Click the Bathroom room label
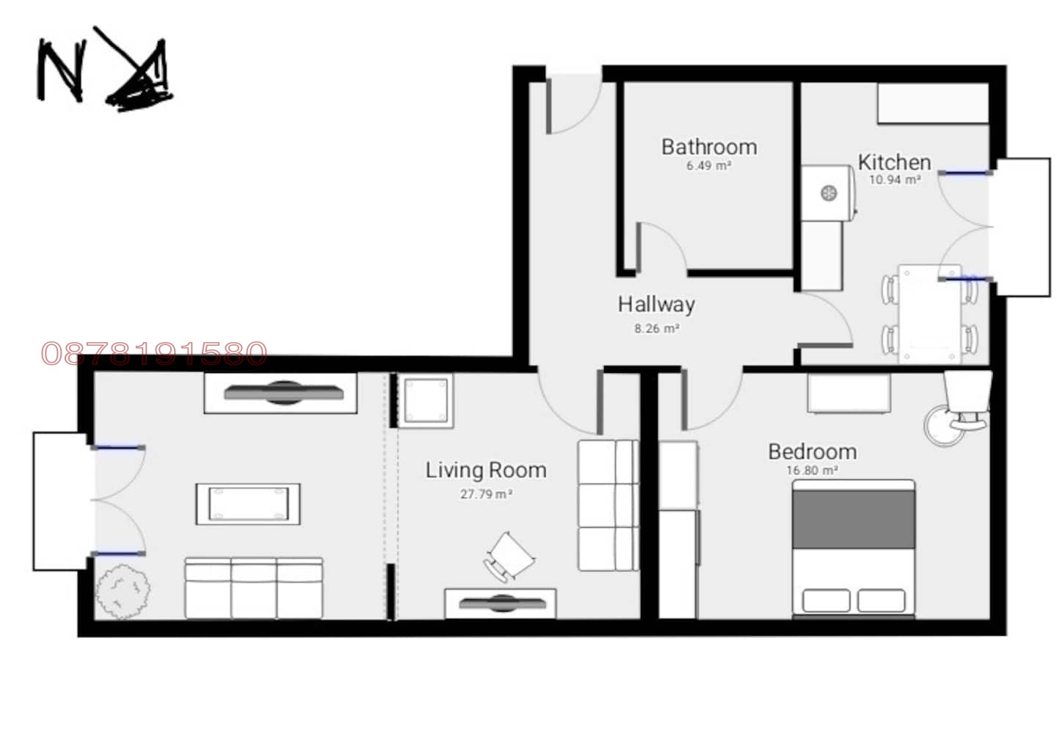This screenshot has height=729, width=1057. coord(709,147)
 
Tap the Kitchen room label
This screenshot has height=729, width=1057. coord(894,162)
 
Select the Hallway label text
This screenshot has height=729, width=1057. coord(656,305)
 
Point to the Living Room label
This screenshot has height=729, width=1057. coord(486,470)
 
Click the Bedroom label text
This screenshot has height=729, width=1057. coord(813,451)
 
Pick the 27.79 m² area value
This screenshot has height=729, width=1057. coord(486,494)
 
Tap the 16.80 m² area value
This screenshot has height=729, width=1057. coord(812,471)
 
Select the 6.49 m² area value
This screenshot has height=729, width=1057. coord(709,166)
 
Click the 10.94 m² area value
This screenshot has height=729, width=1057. coord(895,180)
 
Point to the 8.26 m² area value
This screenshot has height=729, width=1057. coord(656,328)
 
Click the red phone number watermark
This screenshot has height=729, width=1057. coord(154,353)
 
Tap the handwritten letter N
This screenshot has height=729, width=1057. coord(62,69)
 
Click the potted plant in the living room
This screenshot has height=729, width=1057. coord(123,591)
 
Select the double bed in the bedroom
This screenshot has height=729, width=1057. coord(854,548)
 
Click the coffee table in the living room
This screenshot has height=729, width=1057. coord(248,504)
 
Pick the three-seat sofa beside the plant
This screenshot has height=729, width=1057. coord(254,588)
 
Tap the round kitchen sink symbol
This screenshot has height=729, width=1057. coord(829,192)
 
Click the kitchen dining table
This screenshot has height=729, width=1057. coord(929,314)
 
